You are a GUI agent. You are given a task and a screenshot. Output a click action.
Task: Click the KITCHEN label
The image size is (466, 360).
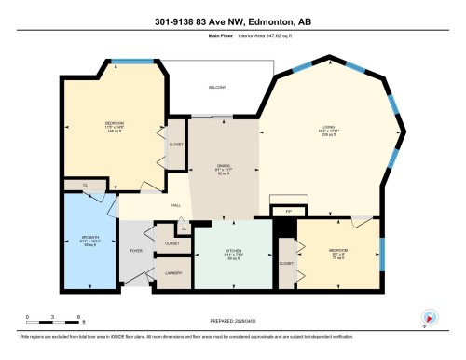pyautogui.click(x=233, y=254)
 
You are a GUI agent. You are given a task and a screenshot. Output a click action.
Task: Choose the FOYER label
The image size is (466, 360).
pyautogui.click(x=136, y=251)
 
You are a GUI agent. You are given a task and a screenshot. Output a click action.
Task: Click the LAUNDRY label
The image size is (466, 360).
pyautogui.click(x=173, y=272)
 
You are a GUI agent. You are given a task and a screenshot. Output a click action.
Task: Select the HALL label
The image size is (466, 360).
pyautogui.click(x=175, y=206)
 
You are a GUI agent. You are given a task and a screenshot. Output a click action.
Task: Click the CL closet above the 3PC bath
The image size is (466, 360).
pyautogui.click(x=85, y=187)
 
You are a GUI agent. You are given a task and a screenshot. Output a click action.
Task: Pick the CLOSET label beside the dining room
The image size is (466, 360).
pyautogui.click(x=175, y=145)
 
